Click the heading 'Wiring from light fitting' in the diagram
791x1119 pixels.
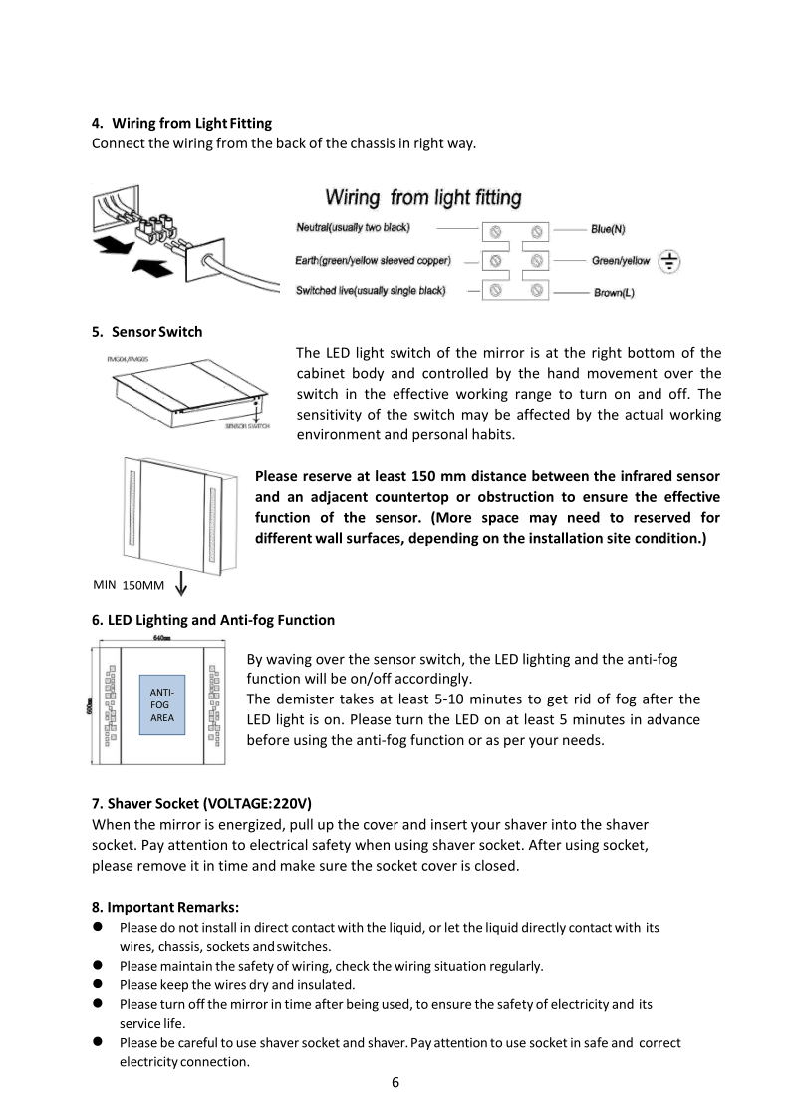click(423, 198)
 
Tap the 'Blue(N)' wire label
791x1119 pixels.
click(608, 229)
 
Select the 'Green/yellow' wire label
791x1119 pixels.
click(620, 261)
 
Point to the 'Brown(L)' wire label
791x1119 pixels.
click(614, 293)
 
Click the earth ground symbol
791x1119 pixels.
click(671, 262)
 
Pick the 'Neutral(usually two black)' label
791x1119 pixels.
click(353, 228)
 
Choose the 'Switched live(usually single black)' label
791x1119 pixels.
click(371, 291)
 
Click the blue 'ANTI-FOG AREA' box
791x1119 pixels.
click(161, 703)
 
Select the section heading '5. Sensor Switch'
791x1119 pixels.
click(146, 332)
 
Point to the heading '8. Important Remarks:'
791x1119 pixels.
click(164, 907)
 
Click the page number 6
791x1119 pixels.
click(395, 1083)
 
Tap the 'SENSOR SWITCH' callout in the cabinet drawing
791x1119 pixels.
click(247, 426)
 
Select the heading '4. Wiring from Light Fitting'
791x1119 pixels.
click(181, 123)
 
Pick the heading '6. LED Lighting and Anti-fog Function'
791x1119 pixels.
click(213, 620)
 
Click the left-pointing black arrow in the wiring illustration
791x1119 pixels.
click(109, 245)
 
